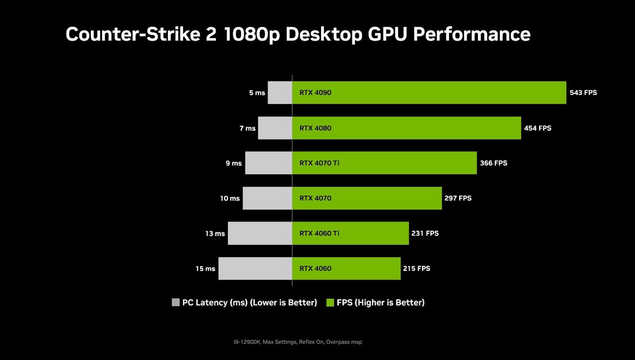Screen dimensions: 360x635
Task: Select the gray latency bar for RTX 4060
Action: pos(255,268)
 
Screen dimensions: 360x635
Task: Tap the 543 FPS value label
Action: pos(583,92)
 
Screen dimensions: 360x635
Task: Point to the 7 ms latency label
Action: pos(247,128)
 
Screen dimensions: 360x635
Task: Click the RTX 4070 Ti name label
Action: pos(319,163)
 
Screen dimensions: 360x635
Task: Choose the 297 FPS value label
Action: pos(458,198)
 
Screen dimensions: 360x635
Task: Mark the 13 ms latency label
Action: pos(215,233)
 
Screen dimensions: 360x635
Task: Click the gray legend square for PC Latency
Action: pos(175,302)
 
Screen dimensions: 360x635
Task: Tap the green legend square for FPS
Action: pos(330,302)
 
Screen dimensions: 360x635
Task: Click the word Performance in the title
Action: pos(472,34)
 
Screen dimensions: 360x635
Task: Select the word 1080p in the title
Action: pos(251,34)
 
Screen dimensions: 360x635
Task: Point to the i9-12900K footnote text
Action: pos(298,342)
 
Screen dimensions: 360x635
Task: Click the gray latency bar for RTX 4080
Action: pos(275,128)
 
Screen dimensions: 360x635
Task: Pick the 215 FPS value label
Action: pos(417,268)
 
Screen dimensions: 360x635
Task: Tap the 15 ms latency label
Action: pos(205,269)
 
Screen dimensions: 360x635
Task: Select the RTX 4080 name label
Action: pos(315,128)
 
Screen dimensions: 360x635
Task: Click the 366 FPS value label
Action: pos(494,163)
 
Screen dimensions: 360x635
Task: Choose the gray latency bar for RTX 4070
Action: pos(267,198)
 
